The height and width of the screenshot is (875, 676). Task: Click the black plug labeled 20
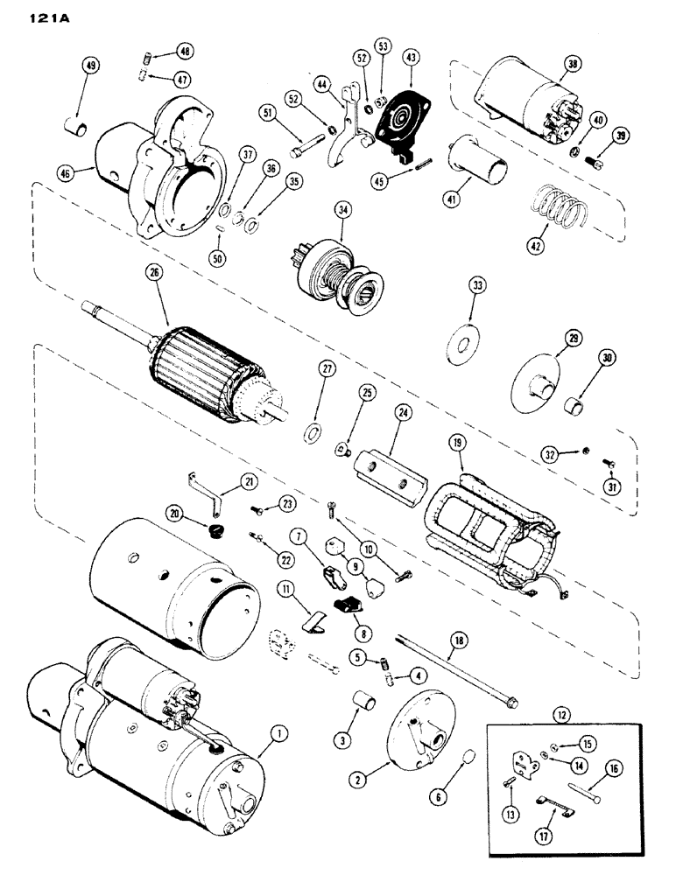point(211,531)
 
